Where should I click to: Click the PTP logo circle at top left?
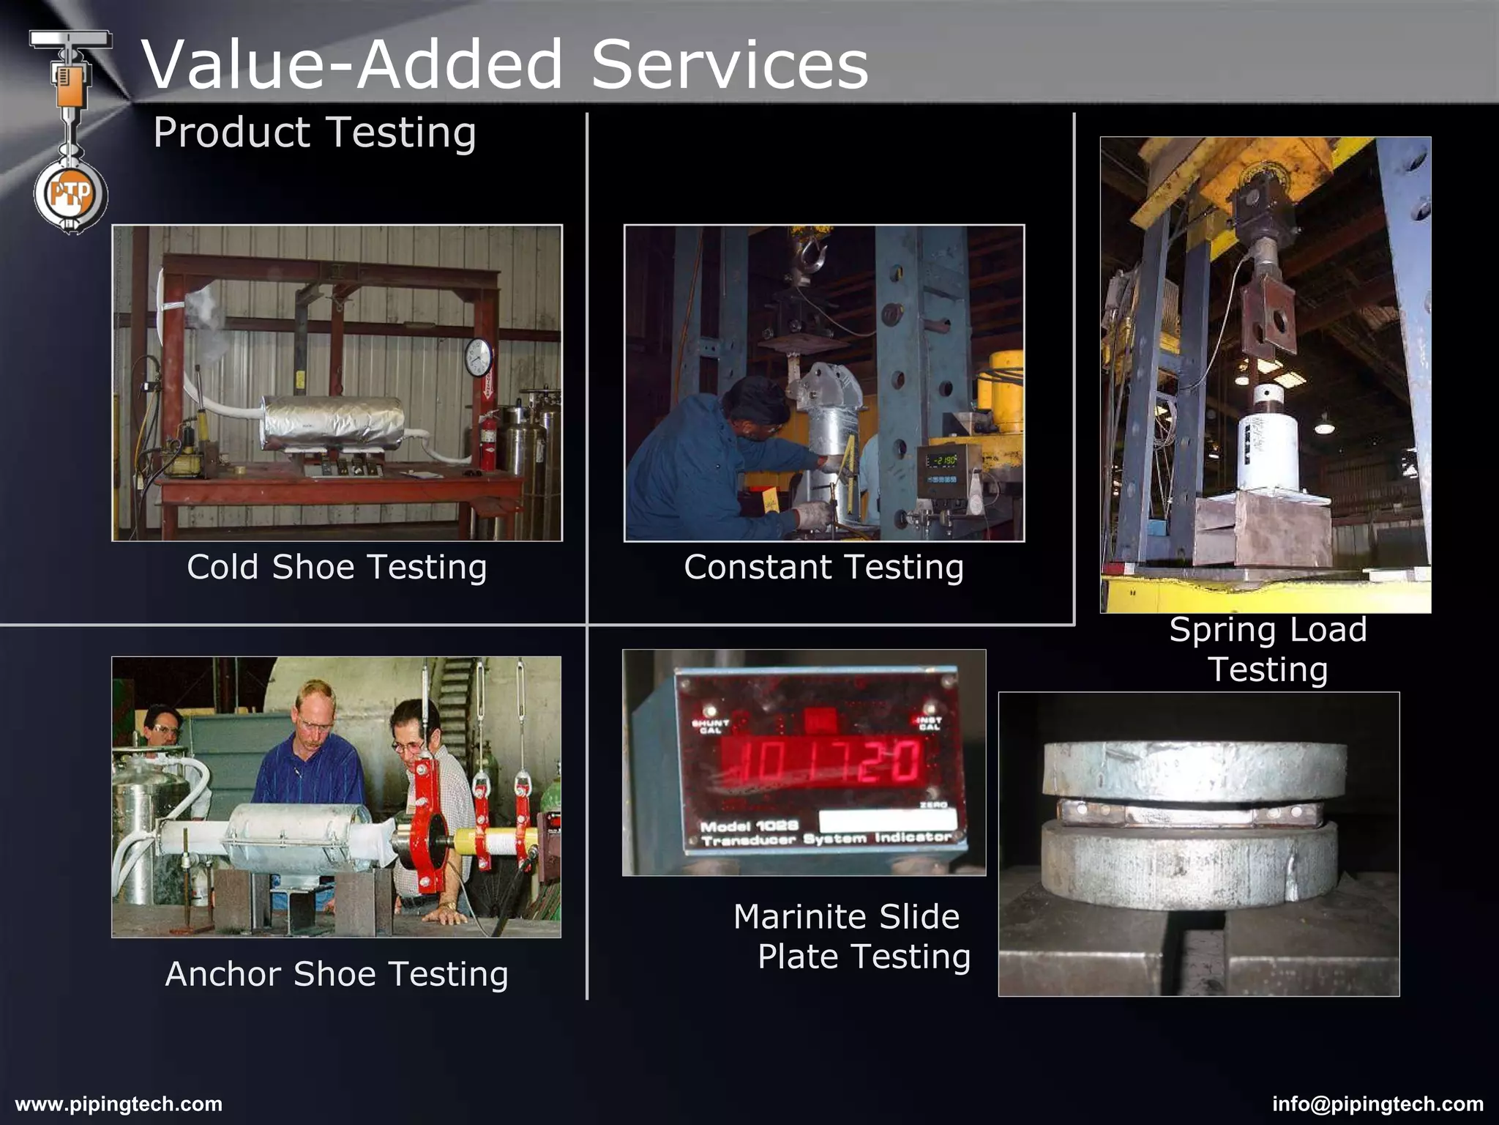(x=70, y=195)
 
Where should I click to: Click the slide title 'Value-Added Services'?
(x=505, y=64)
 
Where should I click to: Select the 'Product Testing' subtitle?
(x=315, y=133)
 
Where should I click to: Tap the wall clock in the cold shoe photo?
(x=479, y=357)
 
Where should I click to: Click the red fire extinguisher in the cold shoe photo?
(x=487, y=442)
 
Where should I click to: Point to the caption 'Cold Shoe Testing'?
(x=337, y=567)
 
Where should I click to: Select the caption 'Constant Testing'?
(x=823, y=567)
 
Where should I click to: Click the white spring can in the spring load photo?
(x=1270, y=447)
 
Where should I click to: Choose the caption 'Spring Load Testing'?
(x=1268, y=650)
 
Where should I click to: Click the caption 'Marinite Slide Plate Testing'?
(x=852, y=937)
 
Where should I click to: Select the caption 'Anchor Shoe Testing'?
(x=337, y=974)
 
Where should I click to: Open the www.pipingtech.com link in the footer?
(x=119, y=1104)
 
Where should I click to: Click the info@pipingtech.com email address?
(x=1377, y=1104)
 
